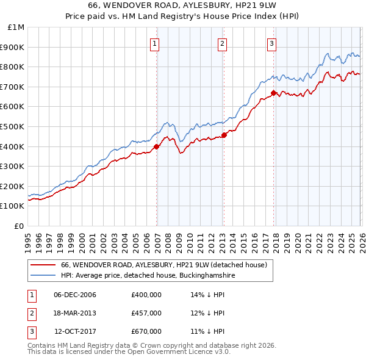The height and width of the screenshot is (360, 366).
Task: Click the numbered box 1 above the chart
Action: [x=156, y=43]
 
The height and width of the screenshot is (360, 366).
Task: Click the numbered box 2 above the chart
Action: [x=223, y=43]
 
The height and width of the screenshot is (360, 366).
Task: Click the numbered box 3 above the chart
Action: [x=271, y=43]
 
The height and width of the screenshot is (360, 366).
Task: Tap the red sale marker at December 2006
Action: [x=157, y=146]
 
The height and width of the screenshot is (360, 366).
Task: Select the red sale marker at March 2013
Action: [x=224, y=135]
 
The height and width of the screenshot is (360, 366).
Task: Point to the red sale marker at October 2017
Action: [x=273, y=93]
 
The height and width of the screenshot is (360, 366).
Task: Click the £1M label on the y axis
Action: [x=16, y=27]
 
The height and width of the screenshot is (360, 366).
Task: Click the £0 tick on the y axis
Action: [x=19, y=226]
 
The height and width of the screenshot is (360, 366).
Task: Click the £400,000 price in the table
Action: [x=146, y=295]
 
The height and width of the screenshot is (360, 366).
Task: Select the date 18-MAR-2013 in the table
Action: [x=75, y=313]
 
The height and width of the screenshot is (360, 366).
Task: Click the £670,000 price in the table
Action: [x=146, y=331]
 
